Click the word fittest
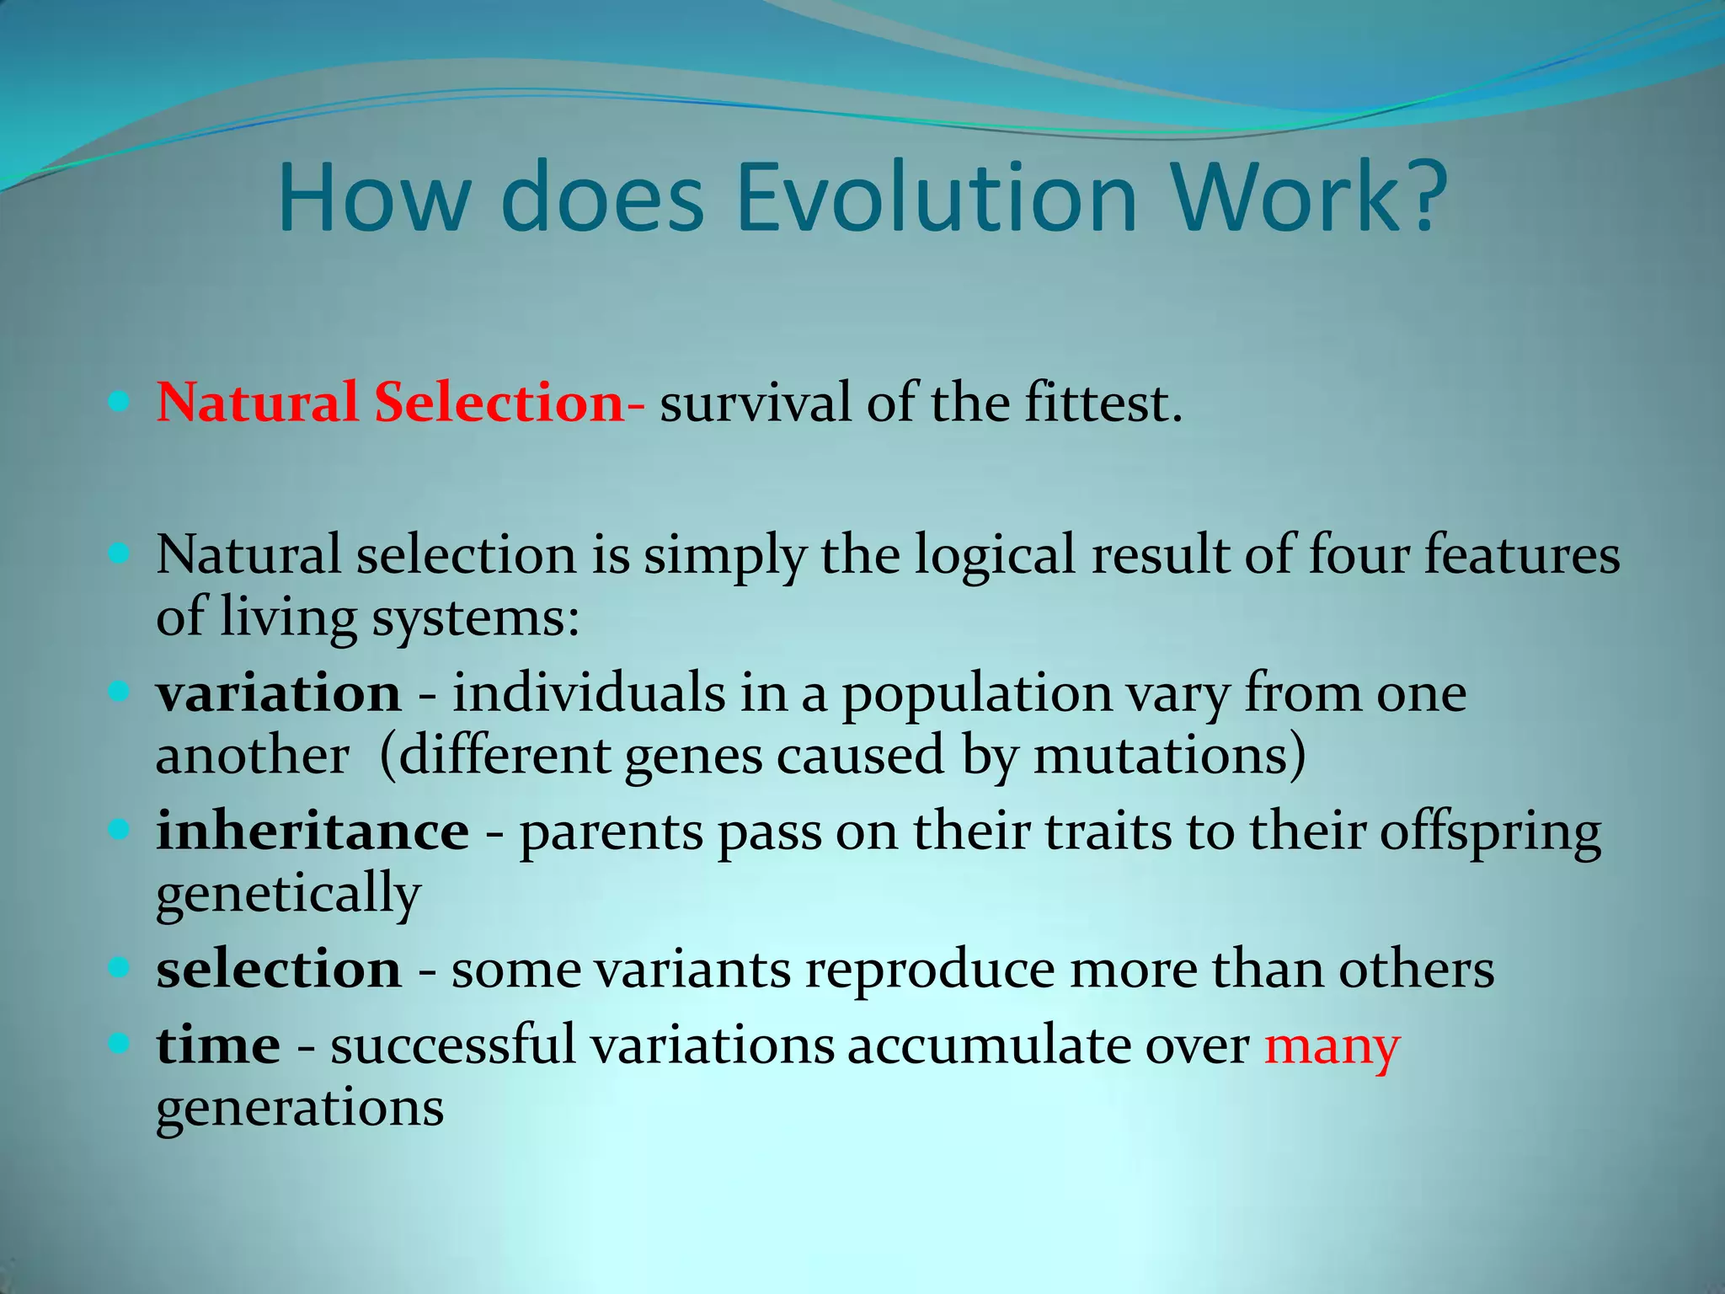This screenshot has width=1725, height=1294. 1102,403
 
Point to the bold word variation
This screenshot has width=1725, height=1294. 278,694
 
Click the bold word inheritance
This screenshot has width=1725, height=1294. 312,831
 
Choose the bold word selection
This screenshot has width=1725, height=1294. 278,970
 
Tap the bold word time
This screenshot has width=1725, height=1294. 218,1045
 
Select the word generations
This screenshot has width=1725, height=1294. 300,1110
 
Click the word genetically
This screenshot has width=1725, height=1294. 288,895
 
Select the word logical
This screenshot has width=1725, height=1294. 995,556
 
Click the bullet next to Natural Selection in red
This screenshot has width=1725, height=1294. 119,402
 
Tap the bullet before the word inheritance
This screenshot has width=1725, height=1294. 119,831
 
